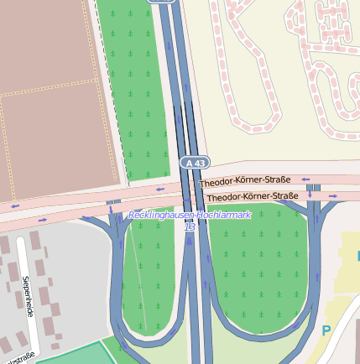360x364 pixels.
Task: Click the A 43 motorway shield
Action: point(194,162)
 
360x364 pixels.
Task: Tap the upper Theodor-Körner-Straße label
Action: point(245,180)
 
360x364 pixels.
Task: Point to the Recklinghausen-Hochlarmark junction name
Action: point(190,216)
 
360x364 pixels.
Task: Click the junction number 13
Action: point(190,226)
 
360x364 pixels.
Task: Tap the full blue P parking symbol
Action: point(326,330)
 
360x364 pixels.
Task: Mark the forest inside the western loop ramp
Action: point(155,277)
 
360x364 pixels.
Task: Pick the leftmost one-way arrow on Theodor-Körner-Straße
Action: point(14,204)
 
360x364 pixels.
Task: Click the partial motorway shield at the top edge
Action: point(163,2)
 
